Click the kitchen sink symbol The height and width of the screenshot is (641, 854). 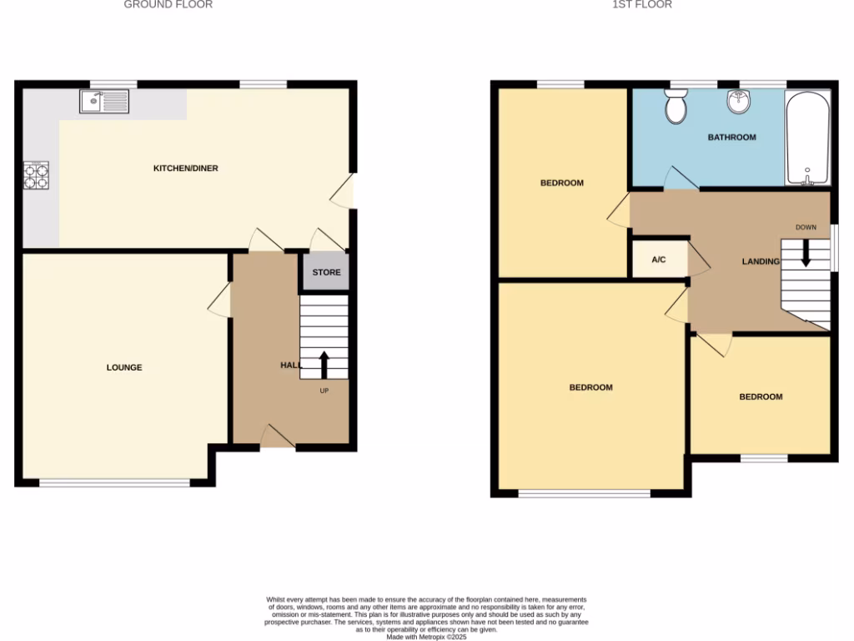pyautogui.click(x=104, y=101)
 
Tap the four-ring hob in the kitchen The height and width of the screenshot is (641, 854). pyautogui.click(x=36, y=174)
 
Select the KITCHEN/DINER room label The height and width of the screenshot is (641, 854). pyautogui.click(x=185, y=169)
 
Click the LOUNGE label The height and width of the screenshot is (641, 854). pyautogui.click(x=124, y=367)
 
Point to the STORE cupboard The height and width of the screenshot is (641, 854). pyautogui.click(x=326, y=272)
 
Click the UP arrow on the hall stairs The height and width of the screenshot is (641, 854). pyautogui.click(x=324, y=365)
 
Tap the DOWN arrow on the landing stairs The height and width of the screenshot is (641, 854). pyautogui.click(x=806, y=253)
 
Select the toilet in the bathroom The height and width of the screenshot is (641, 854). pyautogui.click(x=676, y=106)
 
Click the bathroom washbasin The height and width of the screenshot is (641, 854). pyautogui.click(x=737, y=102)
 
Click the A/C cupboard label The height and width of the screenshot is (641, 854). pyautogui.click(x=659, y=260)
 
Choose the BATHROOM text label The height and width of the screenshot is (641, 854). pyautogui.click(x=732, y=138)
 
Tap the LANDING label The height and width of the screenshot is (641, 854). pyautogui.click(x=761, y=262)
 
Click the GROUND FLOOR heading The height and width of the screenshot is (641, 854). pyautogui.click(x=168, y=5)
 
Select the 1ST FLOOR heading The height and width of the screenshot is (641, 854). pyautogui.click(x=642, y=5)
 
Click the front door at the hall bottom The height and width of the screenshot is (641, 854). pyautogui.click(x=278, y=437)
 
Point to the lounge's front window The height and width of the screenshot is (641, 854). pyautogui.click(x=114, y=482)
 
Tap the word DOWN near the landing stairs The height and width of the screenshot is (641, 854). pyautogui.click(x=806, y=227)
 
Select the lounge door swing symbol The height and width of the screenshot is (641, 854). pyautogui.click(x=220, y=300)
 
